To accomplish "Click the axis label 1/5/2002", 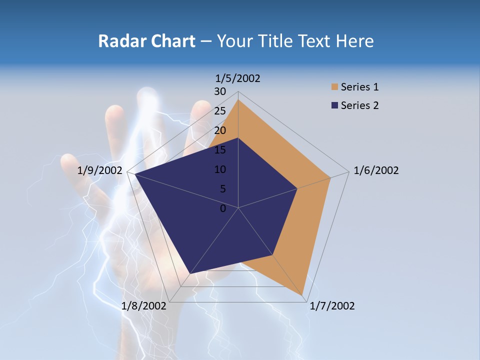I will (x=238, y=78).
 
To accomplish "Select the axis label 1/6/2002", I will (x=376, y=170).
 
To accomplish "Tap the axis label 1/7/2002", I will (x=332, y=306).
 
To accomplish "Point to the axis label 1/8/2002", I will (x=143, y=306).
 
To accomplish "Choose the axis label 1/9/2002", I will (x=100, y=170).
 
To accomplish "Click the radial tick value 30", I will (x=220, y=91).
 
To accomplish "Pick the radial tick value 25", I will (x=220, y=111).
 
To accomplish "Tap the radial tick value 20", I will (x=220, y=130).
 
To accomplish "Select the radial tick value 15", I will (x=220, y=150).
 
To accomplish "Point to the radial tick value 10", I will (x=220, y=169).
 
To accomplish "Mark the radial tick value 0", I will (x=223, y=208).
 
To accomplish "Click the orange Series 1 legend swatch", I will (x=334, y=87).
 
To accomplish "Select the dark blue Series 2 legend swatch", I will (x=334, y=105).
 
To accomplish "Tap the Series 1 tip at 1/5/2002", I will (x=238, y=99).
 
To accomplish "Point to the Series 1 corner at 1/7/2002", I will (x=302, y=295).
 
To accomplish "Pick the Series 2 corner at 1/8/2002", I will (x=190, y=273).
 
